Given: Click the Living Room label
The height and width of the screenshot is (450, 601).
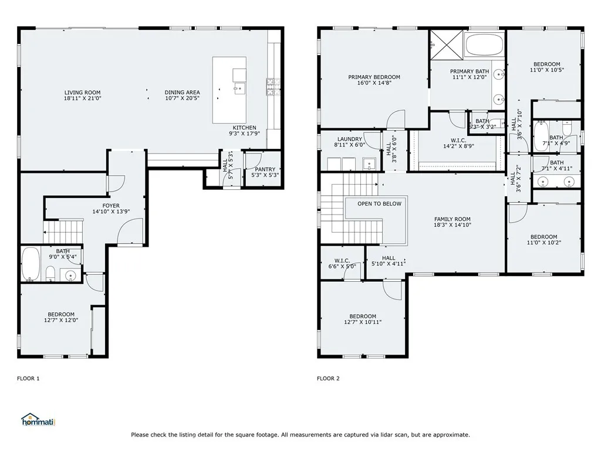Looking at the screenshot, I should [x=82, y=93].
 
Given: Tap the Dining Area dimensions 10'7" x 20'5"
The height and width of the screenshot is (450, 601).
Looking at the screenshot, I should [x=182, y=99].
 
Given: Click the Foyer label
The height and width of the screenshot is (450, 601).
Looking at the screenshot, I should [x=111, y=206].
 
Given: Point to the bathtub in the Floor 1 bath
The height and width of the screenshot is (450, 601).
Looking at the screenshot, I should [x=31, y=264].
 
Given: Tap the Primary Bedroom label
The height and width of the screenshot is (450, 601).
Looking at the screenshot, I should [x=374, y=77].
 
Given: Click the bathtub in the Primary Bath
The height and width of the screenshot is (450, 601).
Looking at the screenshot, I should [x=484, y=45].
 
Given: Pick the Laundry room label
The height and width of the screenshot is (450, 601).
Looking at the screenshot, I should [x=350, y=139].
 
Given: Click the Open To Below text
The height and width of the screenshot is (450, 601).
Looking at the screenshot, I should [x=380, y=204].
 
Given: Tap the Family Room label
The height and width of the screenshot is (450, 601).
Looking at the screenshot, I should [x=452, y=219].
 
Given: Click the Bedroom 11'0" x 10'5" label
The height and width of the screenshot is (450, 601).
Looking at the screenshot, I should [x=546, y=64].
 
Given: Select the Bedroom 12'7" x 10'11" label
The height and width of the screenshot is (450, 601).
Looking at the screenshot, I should [x=362, y=316].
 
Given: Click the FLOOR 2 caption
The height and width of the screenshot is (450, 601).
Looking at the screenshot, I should [x=328, y=379].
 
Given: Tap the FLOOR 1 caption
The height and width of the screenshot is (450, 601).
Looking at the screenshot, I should [x=28, y=379].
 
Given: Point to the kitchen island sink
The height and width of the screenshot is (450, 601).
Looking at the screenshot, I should [x=239, y=89].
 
